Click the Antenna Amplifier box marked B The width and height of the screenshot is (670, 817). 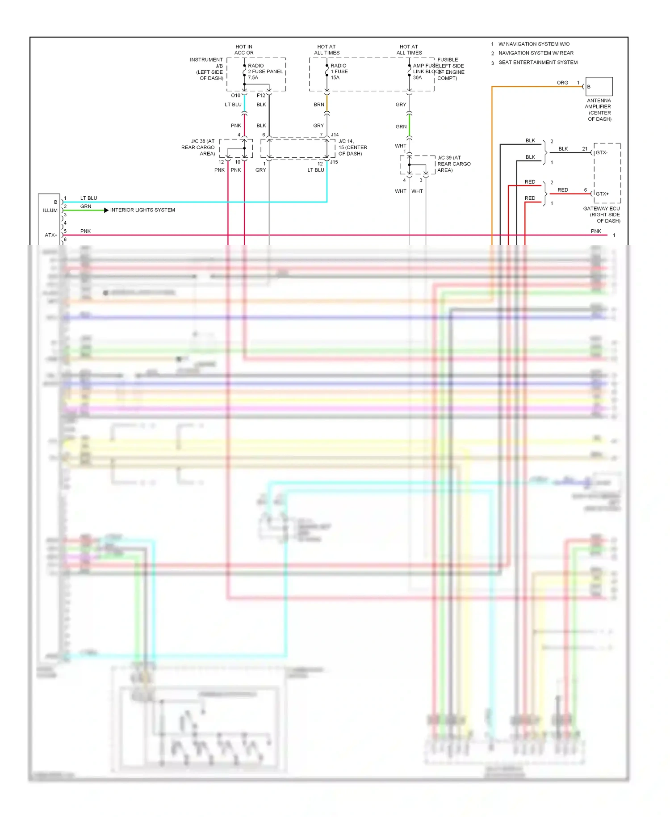pos(599,86)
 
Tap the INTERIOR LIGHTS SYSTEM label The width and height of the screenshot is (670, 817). pos(142,210)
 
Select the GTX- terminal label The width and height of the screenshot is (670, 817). pos(602,153)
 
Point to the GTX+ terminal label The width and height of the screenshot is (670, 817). pos(602,194)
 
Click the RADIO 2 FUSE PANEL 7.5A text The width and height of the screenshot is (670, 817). pos(265,72)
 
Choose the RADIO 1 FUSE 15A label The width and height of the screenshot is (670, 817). pos(339,72)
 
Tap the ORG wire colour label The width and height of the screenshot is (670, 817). pos(562,83)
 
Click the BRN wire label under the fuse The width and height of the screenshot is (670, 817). pos(318,105)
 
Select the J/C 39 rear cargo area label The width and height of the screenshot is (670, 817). pos(453,164)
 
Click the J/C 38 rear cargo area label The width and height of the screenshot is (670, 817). pos(198,147)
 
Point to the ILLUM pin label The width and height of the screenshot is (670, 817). pos(50,211)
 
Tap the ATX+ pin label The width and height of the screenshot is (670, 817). pos(51,235)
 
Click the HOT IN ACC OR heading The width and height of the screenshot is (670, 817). pos(244,50)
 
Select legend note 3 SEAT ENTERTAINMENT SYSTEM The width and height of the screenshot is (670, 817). pos(537,63)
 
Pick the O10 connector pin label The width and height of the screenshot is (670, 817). pos(235,96)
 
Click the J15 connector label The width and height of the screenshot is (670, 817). pos(334,162)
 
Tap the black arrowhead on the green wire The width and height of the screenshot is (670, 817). pos(106,210)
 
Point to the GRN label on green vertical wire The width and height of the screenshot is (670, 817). pos(401,127)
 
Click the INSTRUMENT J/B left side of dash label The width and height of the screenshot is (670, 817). pos(207,69)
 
